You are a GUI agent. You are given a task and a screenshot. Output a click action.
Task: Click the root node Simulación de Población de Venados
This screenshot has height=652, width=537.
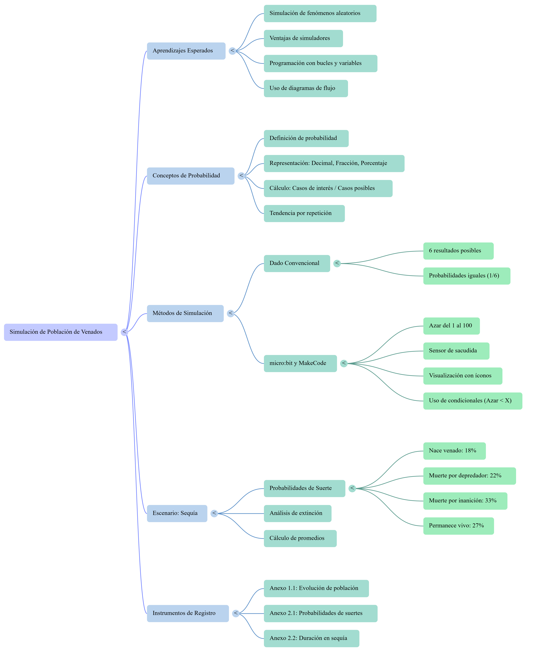pyautogui.click(x=61, y=332)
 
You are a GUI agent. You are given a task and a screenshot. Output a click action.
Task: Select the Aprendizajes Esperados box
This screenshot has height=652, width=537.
pyautogui.click(x=186, y=51)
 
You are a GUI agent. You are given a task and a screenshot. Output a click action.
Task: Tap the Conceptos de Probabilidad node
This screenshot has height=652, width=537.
pyautogui.click(x=191, y=176)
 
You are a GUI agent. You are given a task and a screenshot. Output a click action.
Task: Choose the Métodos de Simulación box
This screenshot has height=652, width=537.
pyautogui.click(x=185, y=314)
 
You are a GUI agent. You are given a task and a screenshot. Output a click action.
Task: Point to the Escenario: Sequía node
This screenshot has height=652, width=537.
pyautogui.click(x=177, y=514)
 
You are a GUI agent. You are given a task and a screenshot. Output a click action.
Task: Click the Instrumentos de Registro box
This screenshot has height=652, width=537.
pyautogui.click(x=188, y=614)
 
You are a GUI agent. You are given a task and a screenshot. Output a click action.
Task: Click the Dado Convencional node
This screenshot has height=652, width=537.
pyautogui.click(x=297, y=264)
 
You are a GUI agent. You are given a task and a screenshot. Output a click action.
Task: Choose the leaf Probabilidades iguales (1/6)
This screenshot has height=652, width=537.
pyautogui.click(x=467, y=276)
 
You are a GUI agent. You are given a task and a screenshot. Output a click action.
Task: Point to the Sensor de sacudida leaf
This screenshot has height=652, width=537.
pyautogui.click(x=456, y=351)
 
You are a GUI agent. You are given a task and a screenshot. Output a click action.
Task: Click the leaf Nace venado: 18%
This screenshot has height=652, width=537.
pyautogui.click(x=454, y=451)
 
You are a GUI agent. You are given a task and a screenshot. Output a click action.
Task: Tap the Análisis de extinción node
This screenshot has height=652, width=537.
pyautogui.click(x=298, y=514)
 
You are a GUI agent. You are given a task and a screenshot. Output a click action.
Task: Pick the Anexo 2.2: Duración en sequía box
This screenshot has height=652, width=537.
pyautogui.click(x=312, y=639)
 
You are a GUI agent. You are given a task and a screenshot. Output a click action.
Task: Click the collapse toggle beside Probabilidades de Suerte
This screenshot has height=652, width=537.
pyautogui.click(x=352, y=489)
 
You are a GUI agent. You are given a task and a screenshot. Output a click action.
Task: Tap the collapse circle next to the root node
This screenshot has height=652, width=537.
pyautogui.click(x=124, y=332)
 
